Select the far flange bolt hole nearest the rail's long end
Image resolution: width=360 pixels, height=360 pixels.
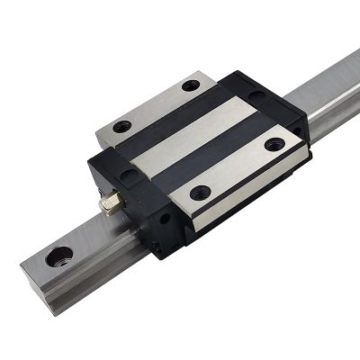click(190, 86)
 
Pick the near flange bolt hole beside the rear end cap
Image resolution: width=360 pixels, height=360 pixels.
click(273, 140)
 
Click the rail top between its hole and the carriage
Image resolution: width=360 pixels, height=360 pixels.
click(90, 238)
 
